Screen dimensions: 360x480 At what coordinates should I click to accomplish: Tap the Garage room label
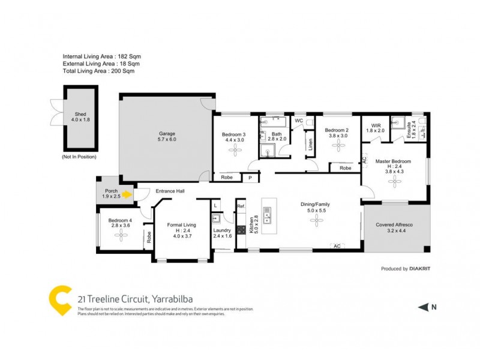pyautogui.click(x=167, y=136)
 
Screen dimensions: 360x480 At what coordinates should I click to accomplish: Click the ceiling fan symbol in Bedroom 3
pyautogui.click(x=234, y=151)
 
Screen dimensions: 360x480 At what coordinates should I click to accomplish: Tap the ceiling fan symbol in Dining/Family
pyautogui.click(x=315, y=221)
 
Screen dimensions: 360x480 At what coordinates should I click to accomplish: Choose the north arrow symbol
pyautogui.click(x=423, y=307)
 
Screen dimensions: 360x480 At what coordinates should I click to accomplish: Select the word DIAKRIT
pyautogui.click(x=419, y=269)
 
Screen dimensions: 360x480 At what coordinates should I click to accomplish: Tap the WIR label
pyautogui.click(x=374, y=127)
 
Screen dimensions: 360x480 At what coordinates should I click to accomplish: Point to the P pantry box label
pyautogui.click(x=250, y=178)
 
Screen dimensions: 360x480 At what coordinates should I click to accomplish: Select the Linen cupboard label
pyautogui.click(x=310, y=144)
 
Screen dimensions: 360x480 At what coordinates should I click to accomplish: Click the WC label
pyautogui.click(x=298, y=121)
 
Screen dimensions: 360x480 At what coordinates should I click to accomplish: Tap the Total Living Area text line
pyautogui.click(x=98, y=71)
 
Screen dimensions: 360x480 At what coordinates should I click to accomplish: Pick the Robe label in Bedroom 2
pyautogui.click(x=345, y=168)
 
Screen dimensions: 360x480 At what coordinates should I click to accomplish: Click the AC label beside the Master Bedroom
pyautogui.click(x=364, y=161)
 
